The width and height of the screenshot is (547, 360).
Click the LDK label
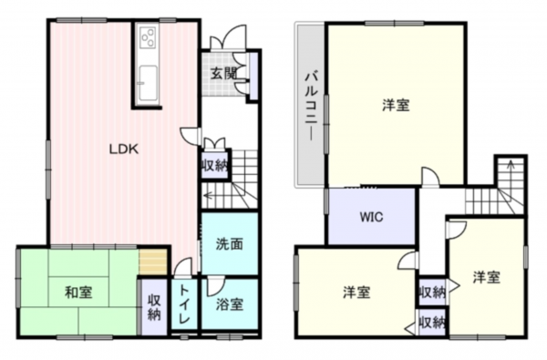coord(124,150)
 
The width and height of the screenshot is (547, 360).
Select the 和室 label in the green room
coord(77,293)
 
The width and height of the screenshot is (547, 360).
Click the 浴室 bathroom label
coord(229,304)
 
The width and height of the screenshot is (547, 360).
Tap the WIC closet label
coord(370,218)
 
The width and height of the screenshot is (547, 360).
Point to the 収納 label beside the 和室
coord(153,307)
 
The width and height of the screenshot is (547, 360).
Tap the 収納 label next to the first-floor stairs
coord(215,165)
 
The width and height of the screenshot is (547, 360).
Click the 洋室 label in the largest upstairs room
coord(395,105)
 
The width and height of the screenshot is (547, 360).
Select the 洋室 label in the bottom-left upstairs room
coord(356,292)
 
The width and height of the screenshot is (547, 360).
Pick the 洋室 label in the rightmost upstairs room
coord(486,276)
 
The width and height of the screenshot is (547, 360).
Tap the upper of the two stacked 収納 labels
coord(431,292)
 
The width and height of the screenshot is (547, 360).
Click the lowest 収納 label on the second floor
coord(431,322)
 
